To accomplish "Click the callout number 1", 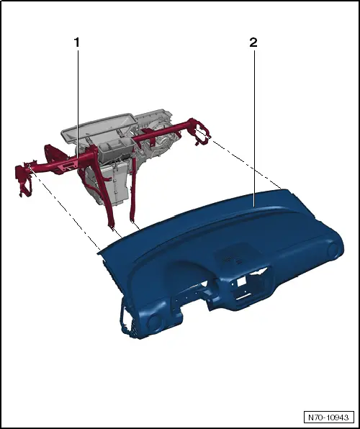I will coord(76,42).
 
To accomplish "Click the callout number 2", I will coord(253,42).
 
